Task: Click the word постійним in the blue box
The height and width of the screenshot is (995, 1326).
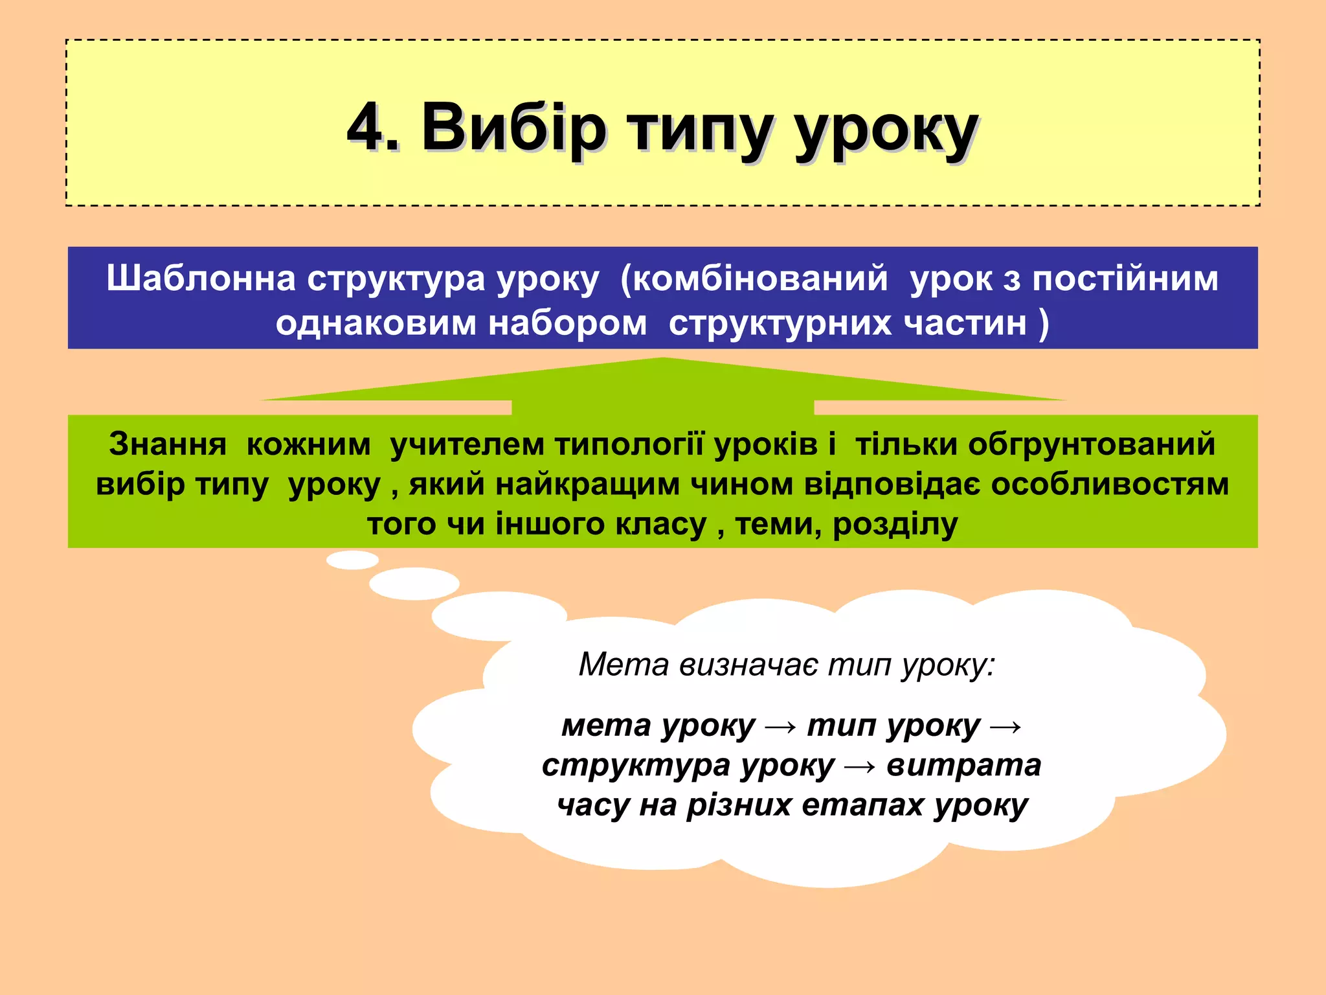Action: tap(1125, 279)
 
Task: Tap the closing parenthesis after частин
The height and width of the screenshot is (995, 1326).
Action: tap(1043, 323)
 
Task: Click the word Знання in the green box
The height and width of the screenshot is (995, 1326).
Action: tap(168, 444)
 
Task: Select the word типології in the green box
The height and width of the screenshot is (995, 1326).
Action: tap(629, 444)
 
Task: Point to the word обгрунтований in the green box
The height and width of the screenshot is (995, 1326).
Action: tap(1092, 444)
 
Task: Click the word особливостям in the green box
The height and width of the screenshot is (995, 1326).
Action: tap(1110, 485)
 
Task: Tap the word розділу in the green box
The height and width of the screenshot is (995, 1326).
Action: tap(895, 525)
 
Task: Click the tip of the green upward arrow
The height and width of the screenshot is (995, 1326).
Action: tap(662, 360)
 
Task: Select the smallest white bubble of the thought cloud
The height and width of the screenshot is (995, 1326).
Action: tap(352, 560)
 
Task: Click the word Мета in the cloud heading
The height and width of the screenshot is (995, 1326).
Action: tap(624, 665)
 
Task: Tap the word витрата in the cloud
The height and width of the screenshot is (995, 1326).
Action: tap(963, 765)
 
